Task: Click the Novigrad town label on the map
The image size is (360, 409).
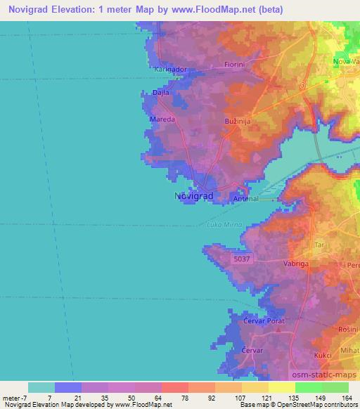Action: [x=193, y=197]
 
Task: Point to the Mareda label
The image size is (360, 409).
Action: [x=162, y=119]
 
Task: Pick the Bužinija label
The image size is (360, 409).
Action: [x=237, y=122]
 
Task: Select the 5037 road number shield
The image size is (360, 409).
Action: [x=241, y=259]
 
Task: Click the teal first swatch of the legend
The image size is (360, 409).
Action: [x=41, y=387]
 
